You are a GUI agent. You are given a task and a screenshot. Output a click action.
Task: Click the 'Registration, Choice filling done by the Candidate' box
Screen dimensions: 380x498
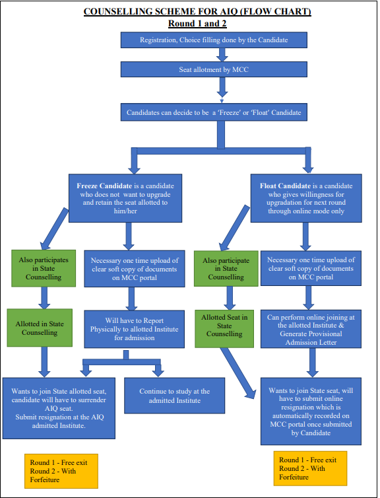[214, 40]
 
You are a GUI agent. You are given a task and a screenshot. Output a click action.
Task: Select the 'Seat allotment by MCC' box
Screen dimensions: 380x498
[214, 69]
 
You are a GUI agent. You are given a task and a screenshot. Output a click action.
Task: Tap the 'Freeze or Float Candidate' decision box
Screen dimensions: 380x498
[214, 112]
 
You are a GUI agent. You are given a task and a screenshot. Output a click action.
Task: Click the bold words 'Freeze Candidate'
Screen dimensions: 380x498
[104, 186]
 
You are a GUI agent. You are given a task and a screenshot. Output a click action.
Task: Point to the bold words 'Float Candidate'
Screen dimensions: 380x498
[285, 186]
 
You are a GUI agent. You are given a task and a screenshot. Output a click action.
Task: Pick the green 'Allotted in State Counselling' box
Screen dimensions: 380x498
[40, 328]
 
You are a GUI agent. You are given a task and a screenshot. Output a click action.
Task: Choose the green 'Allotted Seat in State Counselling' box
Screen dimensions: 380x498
[224, 329]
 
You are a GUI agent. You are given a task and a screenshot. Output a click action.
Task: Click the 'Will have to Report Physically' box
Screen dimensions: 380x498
[134, 329]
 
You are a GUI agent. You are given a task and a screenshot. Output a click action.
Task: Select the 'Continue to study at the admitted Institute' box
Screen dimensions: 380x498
[174, 396]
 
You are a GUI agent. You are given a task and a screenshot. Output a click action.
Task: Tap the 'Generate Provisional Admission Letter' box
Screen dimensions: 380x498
[311, 329]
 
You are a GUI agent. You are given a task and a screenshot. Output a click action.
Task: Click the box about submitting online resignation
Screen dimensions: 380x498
[311, 411]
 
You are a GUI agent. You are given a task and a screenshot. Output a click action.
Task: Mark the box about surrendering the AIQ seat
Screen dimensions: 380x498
[59, 408]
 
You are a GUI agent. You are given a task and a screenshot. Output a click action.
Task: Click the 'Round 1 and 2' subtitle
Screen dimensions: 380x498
[197, 24]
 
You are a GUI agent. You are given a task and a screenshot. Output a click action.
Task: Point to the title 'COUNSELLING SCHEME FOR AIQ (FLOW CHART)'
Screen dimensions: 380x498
[197, 11]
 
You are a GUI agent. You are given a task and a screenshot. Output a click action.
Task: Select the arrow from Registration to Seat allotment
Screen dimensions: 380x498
[222, 55]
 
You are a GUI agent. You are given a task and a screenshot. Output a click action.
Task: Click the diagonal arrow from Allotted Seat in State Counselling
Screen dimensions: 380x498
[239, 373]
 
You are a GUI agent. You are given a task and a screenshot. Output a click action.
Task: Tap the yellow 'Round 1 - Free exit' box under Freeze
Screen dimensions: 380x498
[61, 471]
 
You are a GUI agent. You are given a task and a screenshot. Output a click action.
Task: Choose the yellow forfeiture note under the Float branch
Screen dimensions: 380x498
[310, 468]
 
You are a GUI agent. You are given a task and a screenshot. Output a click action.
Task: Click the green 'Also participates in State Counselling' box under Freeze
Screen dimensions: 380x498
[44, 268]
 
